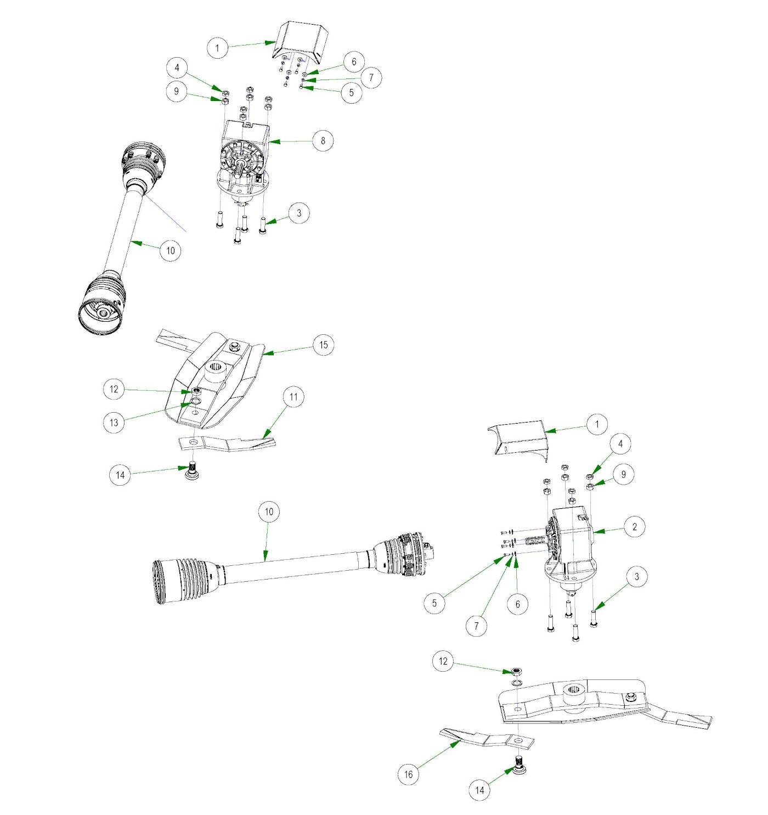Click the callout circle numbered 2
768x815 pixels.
pyautogui.click(x=635, y=527)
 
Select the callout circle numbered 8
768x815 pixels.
pyautogui.click(x=323, y=141)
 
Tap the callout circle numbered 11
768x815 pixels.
pyautogui.click(x=293, y=397)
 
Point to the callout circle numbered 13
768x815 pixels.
pyautogui.click(x=114, y=423)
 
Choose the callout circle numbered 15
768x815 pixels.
pyautogui.click(x=323, y=345)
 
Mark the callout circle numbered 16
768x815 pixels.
pyautogui.click(x=408, y=774)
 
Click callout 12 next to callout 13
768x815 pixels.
pyautogui.click(x=114, y=389)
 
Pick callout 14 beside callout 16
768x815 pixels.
pyautogui.click(x=479, y=790)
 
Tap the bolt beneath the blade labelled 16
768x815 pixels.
pyautogui.click(x=519, y=763)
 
